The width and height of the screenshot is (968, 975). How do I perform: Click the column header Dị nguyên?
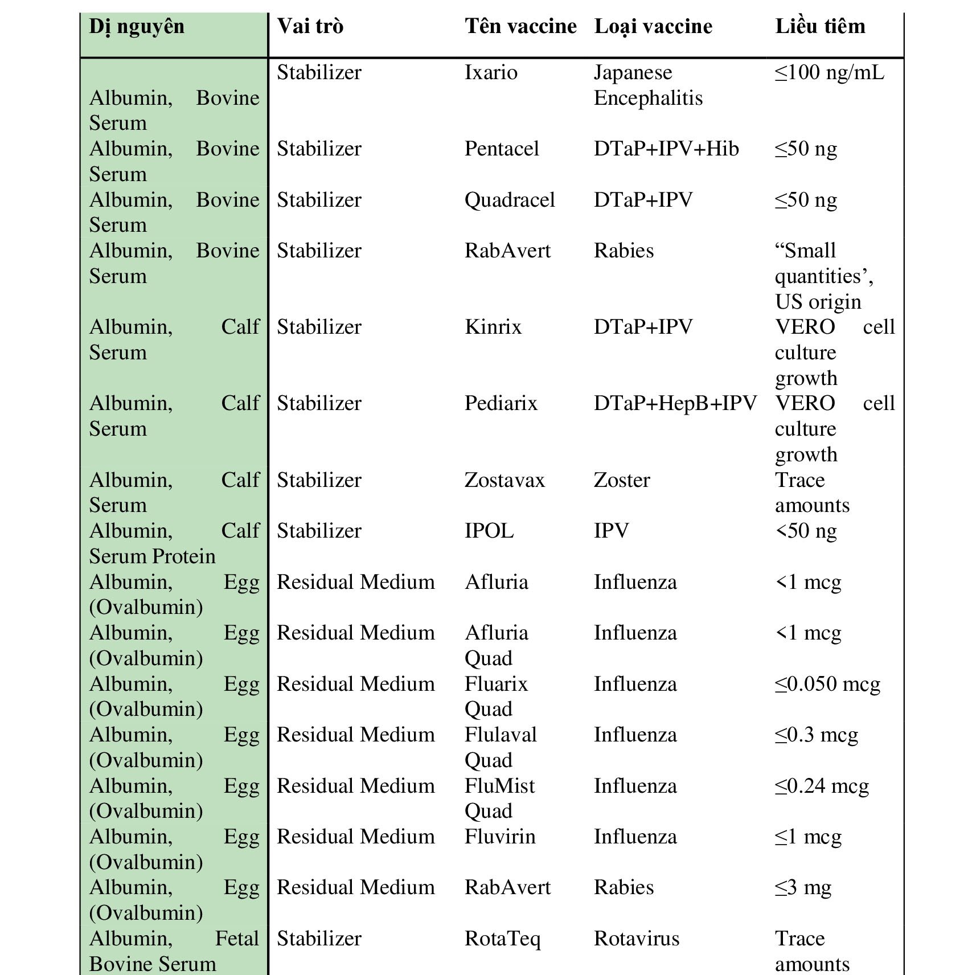click(137, 27)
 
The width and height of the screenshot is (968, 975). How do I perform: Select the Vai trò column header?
click(310, 27)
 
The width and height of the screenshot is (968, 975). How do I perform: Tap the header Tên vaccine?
click(520, 27)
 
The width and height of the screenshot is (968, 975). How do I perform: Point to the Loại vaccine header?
click(653, 27)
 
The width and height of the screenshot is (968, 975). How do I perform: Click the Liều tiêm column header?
click(820, 27)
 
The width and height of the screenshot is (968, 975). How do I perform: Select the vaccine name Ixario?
click(491, 73)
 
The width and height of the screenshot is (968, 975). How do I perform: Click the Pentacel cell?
click(502, 149)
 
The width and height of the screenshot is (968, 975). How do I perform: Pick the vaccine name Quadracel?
click(510, 200)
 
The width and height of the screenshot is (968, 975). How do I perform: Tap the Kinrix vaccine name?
click(493, 327)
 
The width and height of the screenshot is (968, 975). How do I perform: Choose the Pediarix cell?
click(501, 404)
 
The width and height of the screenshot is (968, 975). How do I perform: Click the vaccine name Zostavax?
click(504, 481)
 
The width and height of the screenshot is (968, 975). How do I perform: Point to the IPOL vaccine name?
click(489, 531)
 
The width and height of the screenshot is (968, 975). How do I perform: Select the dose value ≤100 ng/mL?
click(830, 73)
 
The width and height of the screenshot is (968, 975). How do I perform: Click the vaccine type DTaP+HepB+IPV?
click(675, 404)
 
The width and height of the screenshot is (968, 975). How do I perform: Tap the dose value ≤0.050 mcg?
click(827, 685)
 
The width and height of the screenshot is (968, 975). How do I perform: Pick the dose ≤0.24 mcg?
click(822, 786)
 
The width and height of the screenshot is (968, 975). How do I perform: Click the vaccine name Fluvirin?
click(500, 837)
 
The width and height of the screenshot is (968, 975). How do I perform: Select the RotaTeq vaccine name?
click(502, 939)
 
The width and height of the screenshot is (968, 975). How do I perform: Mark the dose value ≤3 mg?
click(803, 888)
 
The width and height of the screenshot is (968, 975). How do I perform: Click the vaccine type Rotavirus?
click(637, 939)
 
